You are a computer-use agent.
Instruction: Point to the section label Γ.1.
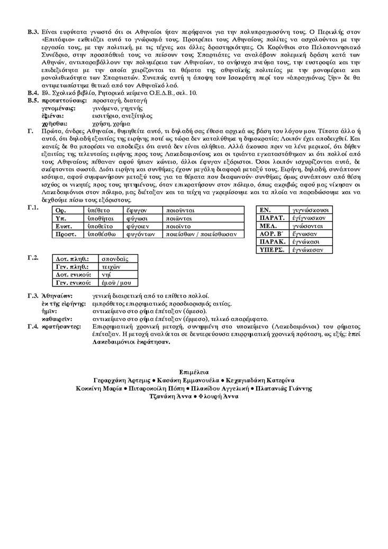(33, 208)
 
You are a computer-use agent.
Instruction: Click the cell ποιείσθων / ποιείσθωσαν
(201, 234)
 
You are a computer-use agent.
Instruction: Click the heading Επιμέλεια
(194, 372)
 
